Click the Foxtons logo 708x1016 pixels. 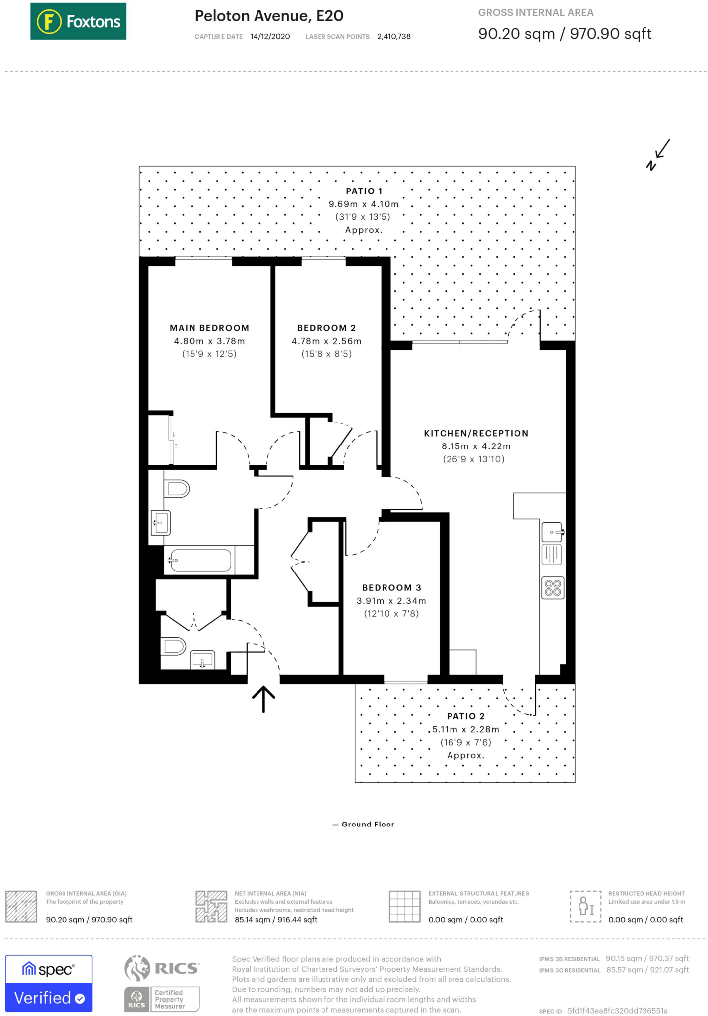[x=78, y=21]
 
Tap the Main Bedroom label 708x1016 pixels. [x=209, y=328]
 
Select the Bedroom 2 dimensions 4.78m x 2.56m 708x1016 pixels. [x=326, y=341]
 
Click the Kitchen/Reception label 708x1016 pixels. [x=476, y=433]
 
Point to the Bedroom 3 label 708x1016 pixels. [x=391, y=588]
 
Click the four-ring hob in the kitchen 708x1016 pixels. [x=553, y=588]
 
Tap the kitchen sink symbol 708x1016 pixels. [x=552, y=532]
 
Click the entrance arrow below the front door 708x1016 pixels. [x=263, y=699]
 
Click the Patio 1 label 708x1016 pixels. [x=364, y=191]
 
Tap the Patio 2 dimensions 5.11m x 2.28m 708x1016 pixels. [x=465, y=729]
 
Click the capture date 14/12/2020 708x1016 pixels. [x=270, y=37]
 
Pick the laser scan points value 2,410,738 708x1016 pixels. [x=393, y=37]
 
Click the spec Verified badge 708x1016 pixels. [x=49, y=983]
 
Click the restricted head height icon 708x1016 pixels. [x=585, y=906]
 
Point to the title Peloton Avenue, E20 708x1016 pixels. [x=269, y=16]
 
